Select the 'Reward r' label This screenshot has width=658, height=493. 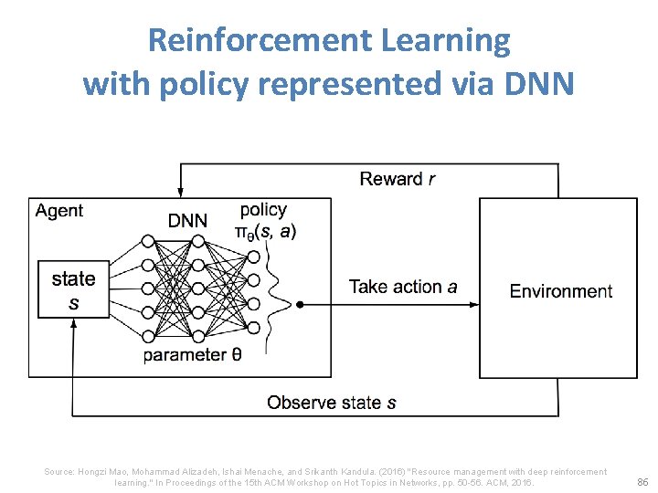398,179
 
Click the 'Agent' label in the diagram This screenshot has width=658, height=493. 59,211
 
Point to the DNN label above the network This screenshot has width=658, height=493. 187,220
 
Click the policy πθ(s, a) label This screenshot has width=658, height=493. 265,221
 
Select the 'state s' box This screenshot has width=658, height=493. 73,289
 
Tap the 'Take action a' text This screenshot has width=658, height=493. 403,287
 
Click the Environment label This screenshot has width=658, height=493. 560,291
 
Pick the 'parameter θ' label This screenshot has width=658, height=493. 192,355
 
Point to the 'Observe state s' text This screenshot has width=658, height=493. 331,402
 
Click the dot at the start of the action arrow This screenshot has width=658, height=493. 300,304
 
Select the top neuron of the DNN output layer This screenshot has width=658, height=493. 253,240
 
